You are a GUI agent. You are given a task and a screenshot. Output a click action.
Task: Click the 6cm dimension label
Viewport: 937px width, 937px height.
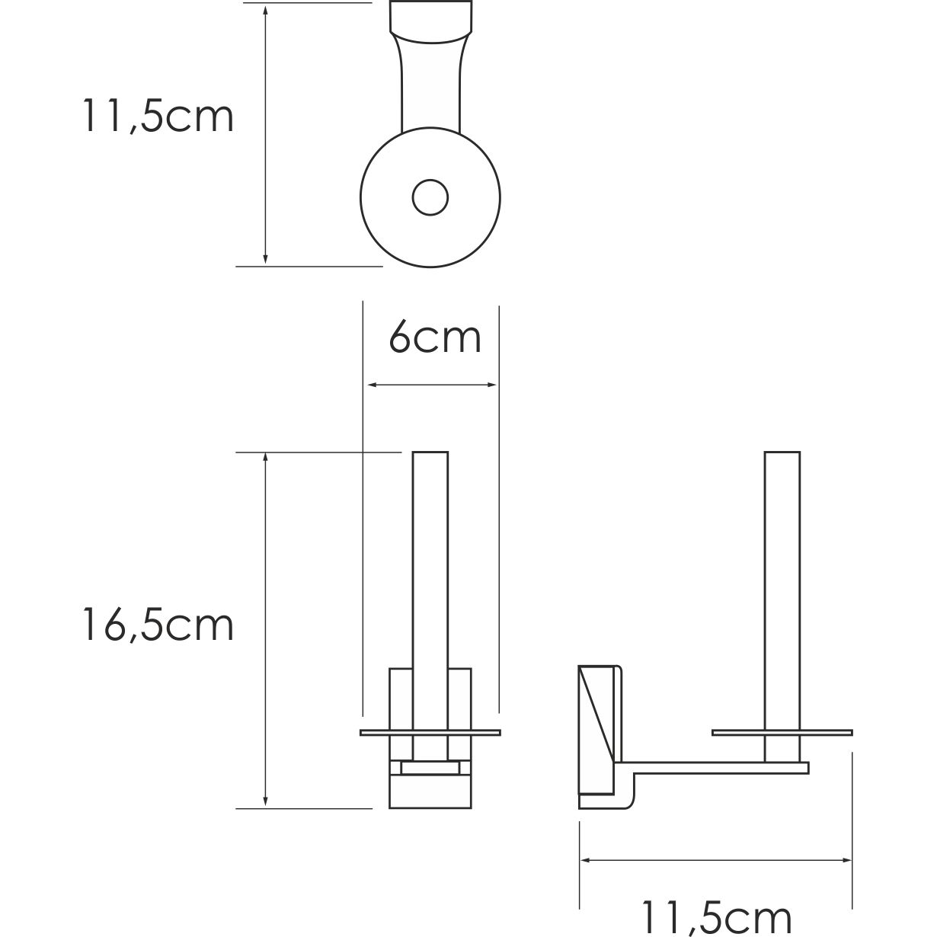(x=435, y=337)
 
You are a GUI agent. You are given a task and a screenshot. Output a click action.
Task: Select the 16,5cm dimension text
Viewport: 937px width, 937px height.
(x=158, y=626)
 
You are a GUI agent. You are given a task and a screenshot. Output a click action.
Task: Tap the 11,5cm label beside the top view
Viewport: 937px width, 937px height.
(x=158, y=117)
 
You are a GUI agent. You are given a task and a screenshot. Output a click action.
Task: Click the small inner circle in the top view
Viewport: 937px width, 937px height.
(x=430, y=198)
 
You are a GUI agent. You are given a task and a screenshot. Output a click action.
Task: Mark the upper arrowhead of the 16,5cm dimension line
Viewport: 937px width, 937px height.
(x=265, y=458)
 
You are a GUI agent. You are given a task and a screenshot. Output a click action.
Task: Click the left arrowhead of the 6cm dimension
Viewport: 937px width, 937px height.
(x=371, y=385)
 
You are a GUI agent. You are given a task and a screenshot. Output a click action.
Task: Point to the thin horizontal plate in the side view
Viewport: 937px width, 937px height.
(x=782, y=734)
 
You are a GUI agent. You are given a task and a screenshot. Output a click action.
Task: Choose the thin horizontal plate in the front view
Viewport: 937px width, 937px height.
(x=430, y=734)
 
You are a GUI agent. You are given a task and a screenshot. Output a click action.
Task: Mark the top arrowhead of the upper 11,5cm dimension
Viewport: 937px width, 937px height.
(x=265, y=11)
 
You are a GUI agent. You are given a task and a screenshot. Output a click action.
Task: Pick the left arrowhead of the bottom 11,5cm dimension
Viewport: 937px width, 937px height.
(x=587, y=860)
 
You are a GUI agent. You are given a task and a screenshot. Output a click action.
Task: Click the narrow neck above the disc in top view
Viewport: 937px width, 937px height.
(x=430, y=91)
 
